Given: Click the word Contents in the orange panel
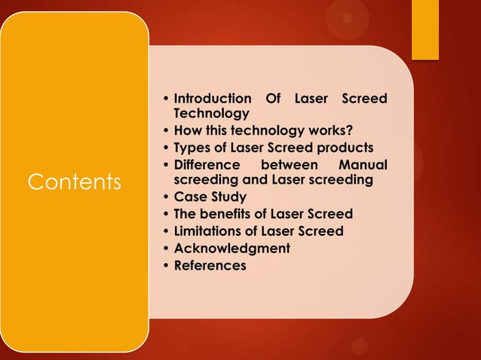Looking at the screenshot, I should [x=74, y=182].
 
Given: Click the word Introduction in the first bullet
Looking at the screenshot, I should [x=213, y=99].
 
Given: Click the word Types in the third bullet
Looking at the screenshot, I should [x=192, y=146].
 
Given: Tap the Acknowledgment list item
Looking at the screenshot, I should [x=232, y=248].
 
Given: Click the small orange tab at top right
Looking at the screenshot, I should [x=424, y=29].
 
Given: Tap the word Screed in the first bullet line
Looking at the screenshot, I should [x=365, y=99].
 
